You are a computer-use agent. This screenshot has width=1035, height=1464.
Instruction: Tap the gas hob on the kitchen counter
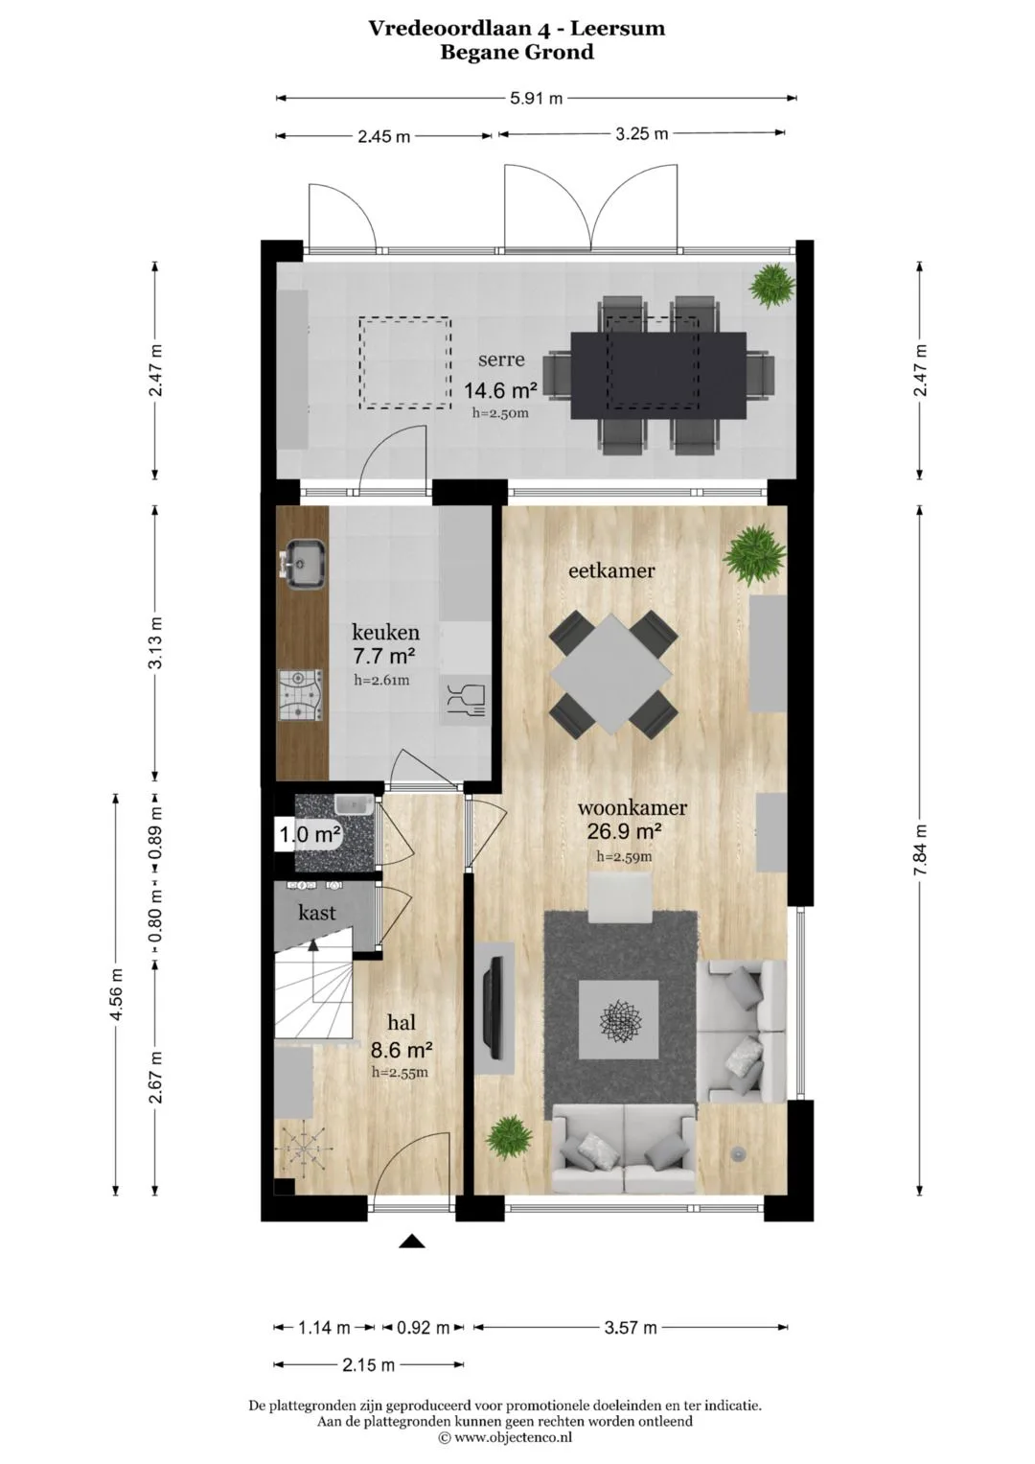(x=301, y=695)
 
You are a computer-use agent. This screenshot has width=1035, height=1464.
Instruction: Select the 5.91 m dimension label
(x=536, y=98)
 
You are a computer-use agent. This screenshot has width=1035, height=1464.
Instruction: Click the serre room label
(x=501, y=360)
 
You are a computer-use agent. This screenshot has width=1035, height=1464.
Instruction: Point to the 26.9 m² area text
(x=624, y=831)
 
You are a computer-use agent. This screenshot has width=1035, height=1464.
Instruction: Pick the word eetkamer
(x=611, y=571)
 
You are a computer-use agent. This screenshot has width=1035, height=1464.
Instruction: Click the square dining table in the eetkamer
(x=611, y=673)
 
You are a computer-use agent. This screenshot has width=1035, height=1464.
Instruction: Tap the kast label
(x=317, y=913)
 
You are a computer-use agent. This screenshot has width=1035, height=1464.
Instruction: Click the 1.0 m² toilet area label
(x=310, y=835)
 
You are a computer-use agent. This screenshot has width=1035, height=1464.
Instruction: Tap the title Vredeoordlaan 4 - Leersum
(x=517, y=28)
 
